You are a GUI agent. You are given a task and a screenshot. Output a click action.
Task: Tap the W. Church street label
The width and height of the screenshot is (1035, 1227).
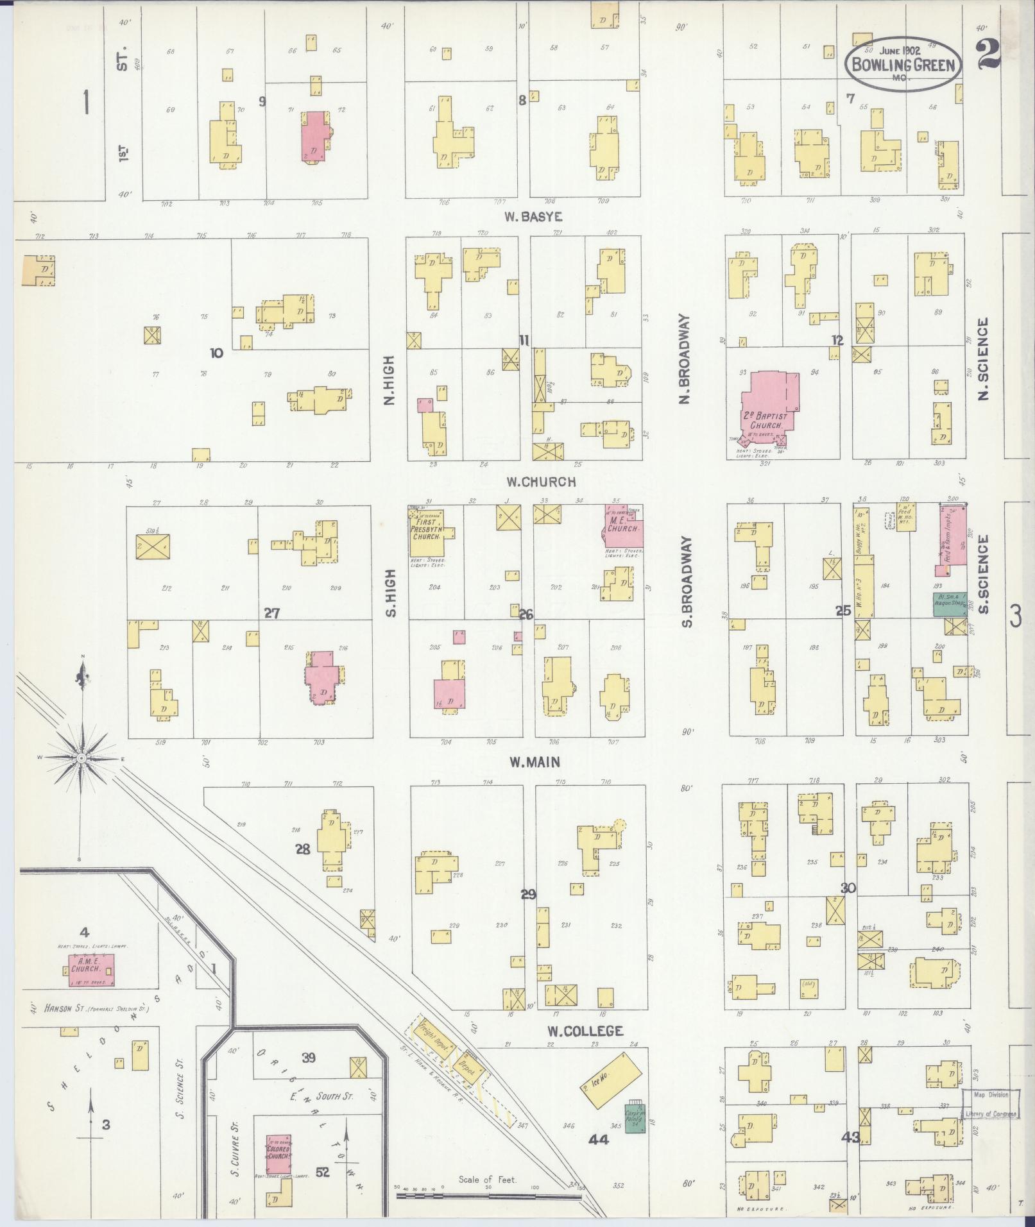pos(540,482)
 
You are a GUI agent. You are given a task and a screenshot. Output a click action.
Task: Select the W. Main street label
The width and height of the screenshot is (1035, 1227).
pos(535,762)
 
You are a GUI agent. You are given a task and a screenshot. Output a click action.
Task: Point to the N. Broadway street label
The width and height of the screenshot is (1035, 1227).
pos(684,359)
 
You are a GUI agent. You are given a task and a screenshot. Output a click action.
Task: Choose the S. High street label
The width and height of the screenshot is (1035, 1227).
pos(389,593)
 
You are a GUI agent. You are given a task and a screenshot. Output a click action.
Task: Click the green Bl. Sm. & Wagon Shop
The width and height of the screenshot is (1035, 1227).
pos(950,604)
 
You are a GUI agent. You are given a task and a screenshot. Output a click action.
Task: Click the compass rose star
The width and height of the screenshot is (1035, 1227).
pos(81,758)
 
